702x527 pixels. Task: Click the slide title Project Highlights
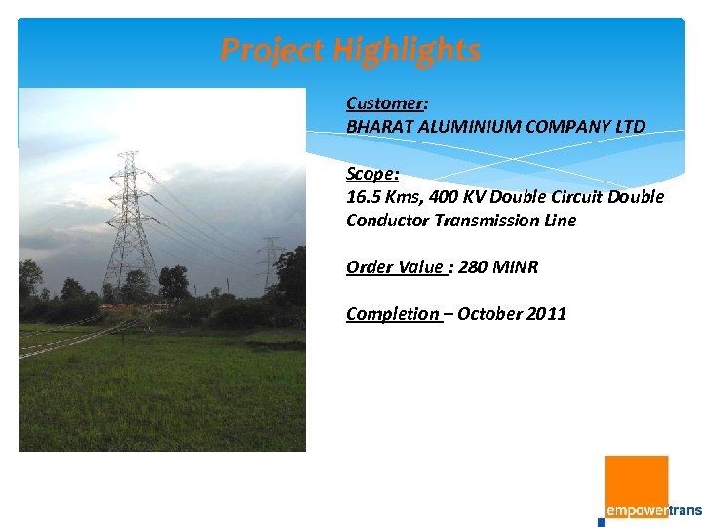pos(350,49)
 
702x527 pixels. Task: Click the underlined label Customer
pos(385,103)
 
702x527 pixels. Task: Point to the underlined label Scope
pos(370,174)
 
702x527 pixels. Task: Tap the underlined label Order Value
pos(395,267)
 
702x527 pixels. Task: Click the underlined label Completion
pos(392,314)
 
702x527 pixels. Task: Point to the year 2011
pos(546,314)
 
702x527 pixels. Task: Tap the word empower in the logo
pos(637,510)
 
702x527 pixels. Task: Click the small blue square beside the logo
pos(602,522)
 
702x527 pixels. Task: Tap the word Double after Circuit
pos(637,197)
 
